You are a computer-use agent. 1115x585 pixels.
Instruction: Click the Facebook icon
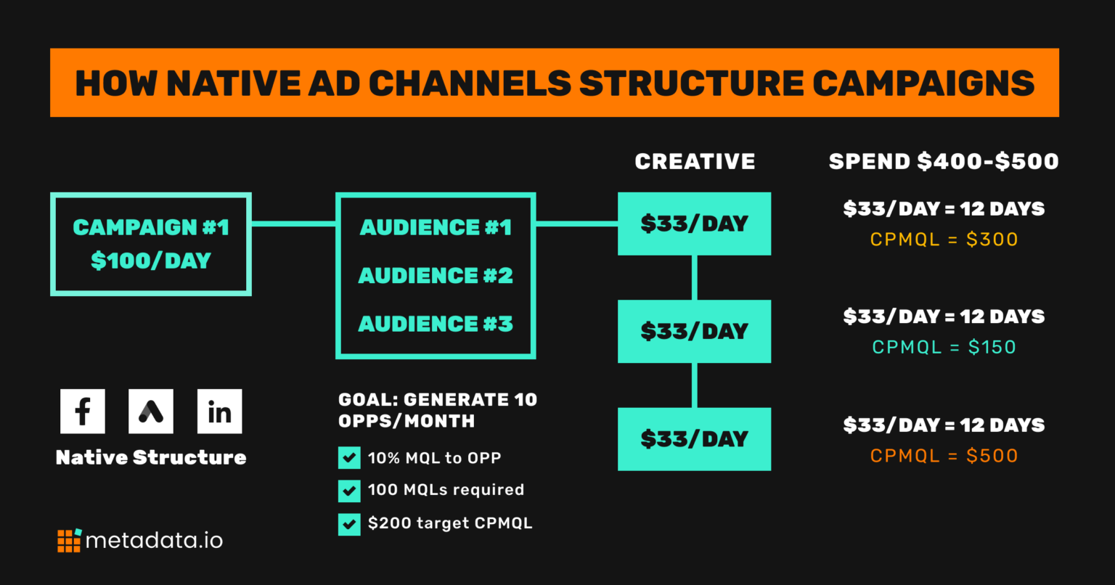click(82, 412)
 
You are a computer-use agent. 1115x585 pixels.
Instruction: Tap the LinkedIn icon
click(219, 412)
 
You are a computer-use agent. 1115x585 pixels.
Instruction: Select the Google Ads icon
click(151, 412)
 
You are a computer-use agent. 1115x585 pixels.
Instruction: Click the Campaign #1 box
click(151, 244)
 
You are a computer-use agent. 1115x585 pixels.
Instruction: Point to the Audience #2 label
click(436, 276)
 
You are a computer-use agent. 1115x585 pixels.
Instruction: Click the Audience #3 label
click(436, 324)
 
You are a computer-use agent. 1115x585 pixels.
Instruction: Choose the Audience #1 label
click(436, 228)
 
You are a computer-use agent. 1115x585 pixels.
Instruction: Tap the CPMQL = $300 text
click(944, 240)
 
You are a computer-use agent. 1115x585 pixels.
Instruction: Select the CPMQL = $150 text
click(944, 348)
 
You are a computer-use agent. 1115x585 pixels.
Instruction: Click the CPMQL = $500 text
click(944, 456)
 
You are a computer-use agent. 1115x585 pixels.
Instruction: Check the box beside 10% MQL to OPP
click(349, 458)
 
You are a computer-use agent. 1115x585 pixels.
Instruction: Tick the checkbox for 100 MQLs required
click(349, 491)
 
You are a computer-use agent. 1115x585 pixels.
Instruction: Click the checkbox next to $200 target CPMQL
click(349, 523)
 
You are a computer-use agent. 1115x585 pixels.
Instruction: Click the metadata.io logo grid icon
click(69, 541)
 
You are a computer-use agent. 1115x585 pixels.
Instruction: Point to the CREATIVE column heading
click(695, 161)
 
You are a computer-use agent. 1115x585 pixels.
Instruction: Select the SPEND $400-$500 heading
click(944, 161)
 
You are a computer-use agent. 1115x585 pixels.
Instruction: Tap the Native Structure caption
click(151, 457)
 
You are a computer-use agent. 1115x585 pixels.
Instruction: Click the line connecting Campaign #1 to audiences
click(293, 224)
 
